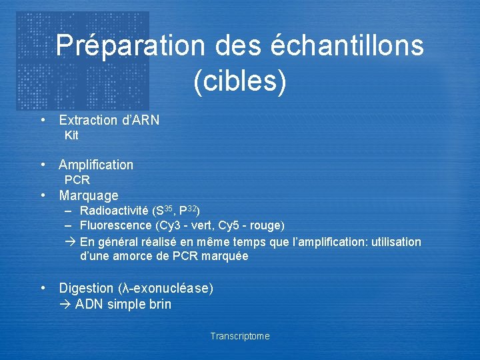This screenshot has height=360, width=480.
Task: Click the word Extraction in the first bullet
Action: pos(87,120)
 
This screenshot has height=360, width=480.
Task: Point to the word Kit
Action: pos(71,135)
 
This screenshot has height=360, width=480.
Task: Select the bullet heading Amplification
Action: pos(96,165)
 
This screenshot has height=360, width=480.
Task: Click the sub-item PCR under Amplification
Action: pos(77,180)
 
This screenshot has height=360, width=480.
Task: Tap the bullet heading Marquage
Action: pos(89,195)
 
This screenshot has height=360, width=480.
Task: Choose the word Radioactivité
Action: pos(115,211)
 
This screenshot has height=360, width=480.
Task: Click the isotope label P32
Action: pos(189,211)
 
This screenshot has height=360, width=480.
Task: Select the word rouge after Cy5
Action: pos(268,225)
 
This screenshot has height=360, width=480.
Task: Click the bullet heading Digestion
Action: pos(86,288)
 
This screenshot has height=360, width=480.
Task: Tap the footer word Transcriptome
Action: pos(240,336)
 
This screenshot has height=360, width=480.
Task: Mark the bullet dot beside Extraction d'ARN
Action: pos(43,120)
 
